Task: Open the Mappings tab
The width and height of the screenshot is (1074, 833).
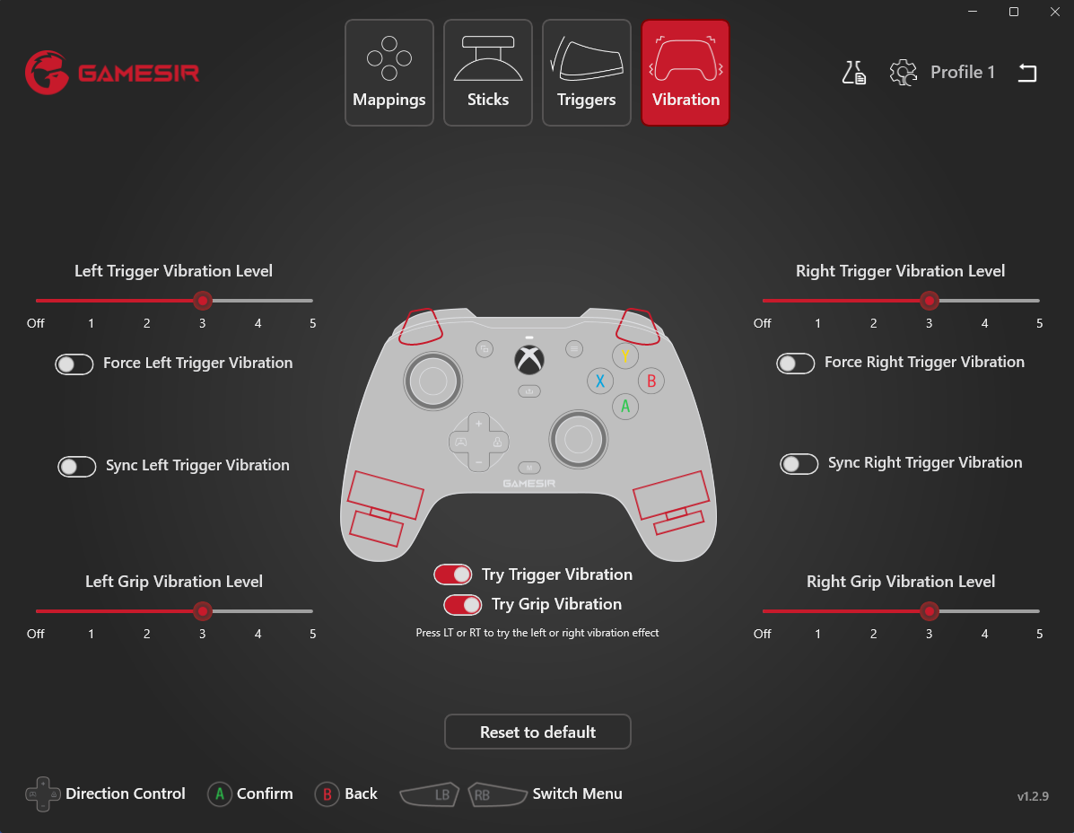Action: [x=389, y=73]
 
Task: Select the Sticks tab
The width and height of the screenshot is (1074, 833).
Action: [x=488, y=73]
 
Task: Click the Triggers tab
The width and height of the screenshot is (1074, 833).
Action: [x=586, y=73]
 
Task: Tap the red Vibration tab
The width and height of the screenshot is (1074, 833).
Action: [x=685, y=73]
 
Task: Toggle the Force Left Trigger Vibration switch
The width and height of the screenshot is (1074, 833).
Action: [x=74, y=364]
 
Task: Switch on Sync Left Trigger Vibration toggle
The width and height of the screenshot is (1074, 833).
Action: [x=77, y=467]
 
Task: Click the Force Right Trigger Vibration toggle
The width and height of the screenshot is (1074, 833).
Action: [x=795, y=363]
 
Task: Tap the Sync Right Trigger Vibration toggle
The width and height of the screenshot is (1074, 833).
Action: [x=799, y=464]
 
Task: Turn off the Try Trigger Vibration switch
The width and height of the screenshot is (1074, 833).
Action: [x=453, y=574]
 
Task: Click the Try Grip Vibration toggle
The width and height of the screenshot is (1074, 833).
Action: [x=462, y=604]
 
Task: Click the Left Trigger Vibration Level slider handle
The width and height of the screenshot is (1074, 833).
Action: [x=202, y=301]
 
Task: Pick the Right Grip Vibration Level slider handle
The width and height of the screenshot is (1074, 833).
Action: [x=929, y=611]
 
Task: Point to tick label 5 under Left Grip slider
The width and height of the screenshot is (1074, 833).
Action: [x=313, y=635]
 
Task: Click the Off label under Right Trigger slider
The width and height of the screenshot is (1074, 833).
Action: [x=763, y=323]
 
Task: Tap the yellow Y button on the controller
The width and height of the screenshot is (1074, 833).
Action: [x=624, y=355]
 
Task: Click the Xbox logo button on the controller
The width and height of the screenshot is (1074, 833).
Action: [x=529, y=360]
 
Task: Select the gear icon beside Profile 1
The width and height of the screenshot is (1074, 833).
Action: [x=903, y=73]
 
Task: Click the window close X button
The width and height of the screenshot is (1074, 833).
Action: [x=1055, y=12]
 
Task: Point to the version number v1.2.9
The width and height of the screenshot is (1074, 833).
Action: [x=1033, y=796]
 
